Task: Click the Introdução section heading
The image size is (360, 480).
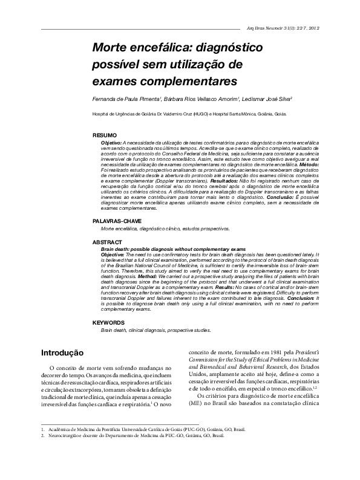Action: (x=62, y=352)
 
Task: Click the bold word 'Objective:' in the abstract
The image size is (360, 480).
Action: (x=112, y=256)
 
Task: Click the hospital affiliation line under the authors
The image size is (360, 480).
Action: (x=189, y=114)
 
